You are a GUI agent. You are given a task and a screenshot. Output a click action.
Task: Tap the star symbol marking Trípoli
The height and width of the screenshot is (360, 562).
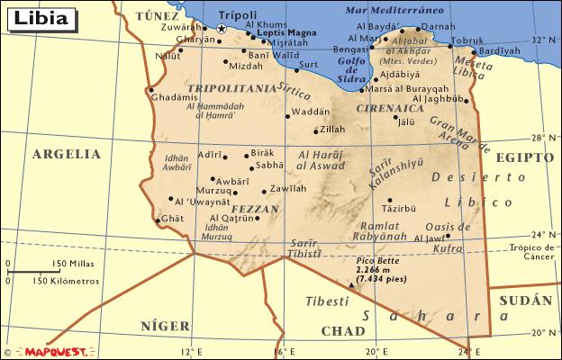point(222,30)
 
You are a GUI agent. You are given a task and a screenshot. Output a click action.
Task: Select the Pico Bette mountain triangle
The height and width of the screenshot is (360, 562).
point(351,284)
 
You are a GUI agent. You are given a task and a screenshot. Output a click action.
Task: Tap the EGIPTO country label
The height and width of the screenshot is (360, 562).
point(523,157)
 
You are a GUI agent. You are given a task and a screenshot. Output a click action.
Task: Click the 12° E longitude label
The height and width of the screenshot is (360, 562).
point(190,351)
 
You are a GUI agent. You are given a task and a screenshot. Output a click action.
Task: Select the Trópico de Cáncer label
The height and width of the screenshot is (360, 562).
point(533,253)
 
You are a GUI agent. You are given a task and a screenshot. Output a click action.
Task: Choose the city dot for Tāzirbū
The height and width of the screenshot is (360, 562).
point(390,200)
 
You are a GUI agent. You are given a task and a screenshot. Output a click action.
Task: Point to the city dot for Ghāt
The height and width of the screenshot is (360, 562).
point(158,220)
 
